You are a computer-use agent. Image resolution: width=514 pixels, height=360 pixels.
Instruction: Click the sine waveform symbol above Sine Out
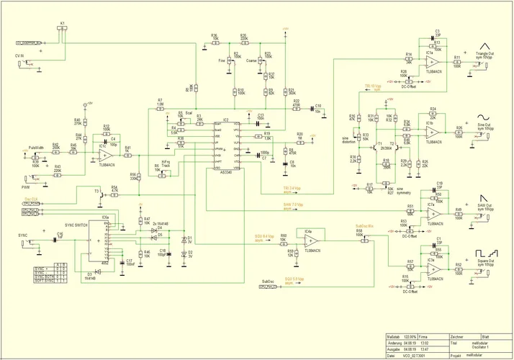[482, 117]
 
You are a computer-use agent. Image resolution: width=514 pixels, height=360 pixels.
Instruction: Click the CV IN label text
[19, 55]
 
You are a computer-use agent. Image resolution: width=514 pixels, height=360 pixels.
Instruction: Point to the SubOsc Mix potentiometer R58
[359, 240]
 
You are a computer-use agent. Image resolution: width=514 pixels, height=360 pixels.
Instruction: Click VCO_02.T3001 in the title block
[412, 356]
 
